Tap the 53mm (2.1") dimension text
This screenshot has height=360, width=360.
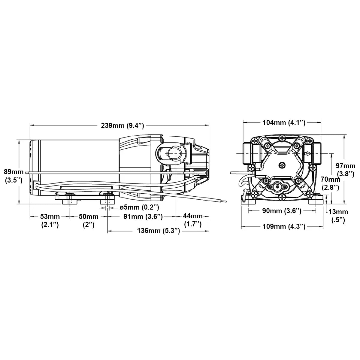50,221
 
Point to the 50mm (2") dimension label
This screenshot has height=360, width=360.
89,221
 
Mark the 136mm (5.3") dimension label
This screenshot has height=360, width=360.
159,231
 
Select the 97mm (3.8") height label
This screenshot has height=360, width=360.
346,170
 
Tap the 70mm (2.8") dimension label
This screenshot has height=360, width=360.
331,183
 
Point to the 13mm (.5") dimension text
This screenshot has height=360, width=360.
338,216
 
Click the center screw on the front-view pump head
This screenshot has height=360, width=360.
282,165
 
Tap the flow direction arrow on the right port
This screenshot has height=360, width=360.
308,154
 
